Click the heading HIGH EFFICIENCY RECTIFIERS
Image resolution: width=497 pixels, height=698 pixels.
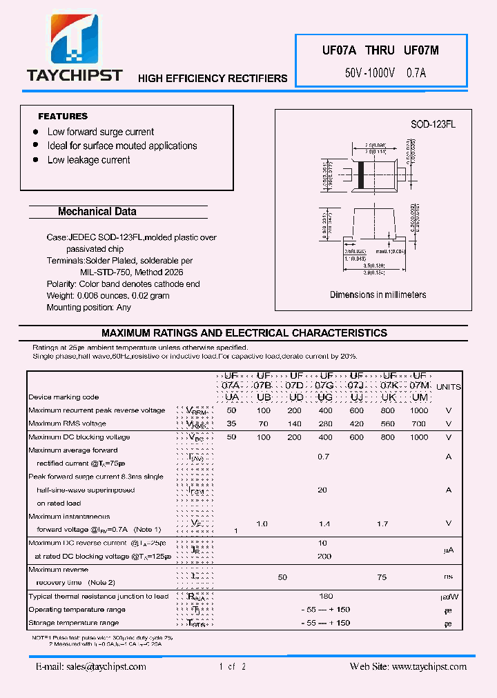[x=213, y=79]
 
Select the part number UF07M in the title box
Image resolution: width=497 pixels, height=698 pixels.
[x=420, y=50]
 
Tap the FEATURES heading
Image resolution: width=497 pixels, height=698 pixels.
[x=63, y=117]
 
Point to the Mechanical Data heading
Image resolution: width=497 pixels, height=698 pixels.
[x=97, y=212]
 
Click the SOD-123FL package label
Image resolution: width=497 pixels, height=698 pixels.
[x=433, y=124]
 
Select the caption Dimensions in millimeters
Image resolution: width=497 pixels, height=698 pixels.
[x=378, y=295]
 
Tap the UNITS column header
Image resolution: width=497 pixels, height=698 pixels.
[x=449, y=387]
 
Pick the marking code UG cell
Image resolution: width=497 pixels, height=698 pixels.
[x=324, y=398]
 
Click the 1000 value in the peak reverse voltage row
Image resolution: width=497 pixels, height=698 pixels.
[x=419, y=410]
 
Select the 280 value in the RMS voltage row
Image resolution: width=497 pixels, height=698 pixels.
[x=324, y=423]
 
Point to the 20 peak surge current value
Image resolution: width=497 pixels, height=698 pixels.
[x=322, y=490]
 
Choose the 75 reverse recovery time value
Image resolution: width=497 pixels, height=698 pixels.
[x=382, y=577]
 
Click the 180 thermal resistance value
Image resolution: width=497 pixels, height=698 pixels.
[x=326, y=596]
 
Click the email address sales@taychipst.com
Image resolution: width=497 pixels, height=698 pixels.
[x=91, y=666]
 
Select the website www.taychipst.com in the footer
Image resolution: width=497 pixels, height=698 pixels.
[x=429, y=666]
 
